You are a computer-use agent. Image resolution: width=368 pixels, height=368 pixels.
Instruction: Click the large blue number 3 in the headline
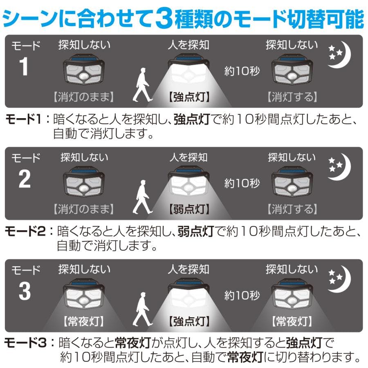pyautogui.click(x=164, y=18)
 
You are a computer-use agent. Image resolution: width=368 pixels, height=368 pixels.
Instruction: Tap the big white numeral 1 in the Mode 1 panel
pyautogui.click(x=24, y=66)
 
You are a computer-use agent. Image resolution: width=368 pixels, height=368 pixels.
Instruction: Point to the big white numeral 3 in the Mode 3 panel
pyautogui.click(x=25, y=291)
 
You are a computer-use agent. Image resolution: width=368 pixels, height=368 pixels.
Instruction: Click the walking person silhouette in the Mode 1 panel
pyautogui.click(x=142, y=85)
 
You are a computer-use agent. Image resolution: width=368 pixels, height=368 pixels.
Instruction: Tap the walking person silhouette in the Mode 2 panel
pyautogui.click(x=142, y=197)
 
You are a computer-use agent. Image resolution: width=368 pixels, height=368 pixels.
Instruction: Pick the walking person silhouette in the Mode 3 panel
pyautogui.click(x=142, y=309)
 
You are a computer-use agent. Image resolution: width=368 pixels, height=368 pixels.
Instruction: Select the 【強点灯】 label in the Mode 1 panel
pyautogui.click(x=189, y=96)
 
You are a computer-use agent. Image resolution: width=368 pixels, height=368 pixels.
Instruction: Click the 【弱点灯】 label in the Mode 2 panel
pyautogui.click(x=189, y=209)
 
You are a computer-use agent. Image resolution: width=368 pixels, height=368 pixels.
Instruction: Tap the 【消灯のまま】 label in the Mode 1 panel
pyautogui.click(x=83, y=96)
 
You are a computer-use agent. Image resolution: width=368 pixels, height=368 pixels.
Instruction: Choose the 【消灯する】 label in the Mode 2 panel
pyautogui.click(x=292, y=209)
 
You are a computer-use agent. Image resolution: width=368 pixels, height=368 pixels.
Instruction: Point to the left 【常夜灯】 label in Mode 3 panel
pyautogui.click(x=83, y=321)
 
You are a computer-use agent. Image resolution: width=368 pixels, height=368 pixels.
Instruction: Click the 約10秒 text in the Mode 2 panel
pyautogui.click(x=242, y=183)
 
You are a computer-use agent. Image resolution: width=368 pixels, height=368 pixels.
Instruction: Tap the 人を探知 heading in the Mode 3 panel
pyautogui.click(x=188, y=269)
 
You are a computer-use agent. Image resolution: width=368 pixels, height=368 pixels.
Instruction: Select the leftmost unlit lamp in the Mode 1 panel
pyautogui.click(x=84, y=71)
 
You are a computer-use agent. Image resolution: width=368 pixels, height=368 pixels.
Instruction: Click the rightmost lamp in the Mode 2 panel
pyautogui.click(x=292, y=183)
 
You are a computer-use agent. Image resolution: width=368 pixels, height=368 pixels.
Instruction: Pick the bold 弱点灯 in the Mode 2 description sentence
pyautogui.click(x=196, y=231)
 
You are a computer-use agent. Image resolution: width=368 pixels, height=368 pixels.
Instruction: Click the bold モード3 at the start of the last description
pyautogui.click(x=25, y=343)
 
